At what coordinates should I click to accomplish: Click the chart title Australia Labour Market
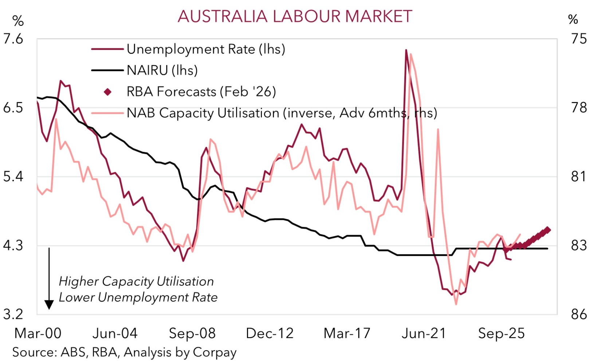295,16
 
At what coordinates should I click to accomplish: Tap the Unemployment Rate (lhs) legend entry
205,49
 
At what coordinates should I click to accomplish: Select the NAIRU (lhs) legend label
162,70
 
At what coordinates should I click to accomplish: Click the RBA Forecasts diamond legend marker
107,92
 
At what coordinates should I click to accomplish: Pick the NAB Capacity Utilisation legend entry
282,113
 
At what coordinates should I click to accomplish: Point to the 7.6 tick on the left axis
13,39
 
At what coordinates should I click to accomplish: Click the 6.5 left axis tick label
13,108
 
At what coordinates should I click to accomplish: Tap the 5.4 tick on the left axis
13,177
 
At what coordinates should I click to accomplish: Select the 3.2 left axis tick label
13,314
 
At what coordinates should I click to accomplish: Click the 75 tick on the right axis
579,39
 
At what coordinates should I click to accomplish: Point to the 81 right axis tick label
579,177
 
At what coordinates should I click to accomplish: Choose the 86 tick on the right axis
579,314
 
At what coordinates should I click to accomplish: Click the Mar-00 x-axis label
38,333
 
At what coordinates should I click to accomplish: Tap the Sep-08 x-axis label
192,333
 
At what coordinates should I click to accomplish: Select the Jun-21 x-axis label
424,333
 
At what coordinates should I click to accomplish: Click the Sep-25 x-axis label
501,333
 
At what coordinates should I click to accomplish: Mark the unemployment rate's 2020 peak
406,50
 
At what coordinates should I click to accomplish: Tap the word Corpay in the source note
215,352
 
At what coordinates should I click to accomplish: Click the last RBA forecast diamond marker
547,230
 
